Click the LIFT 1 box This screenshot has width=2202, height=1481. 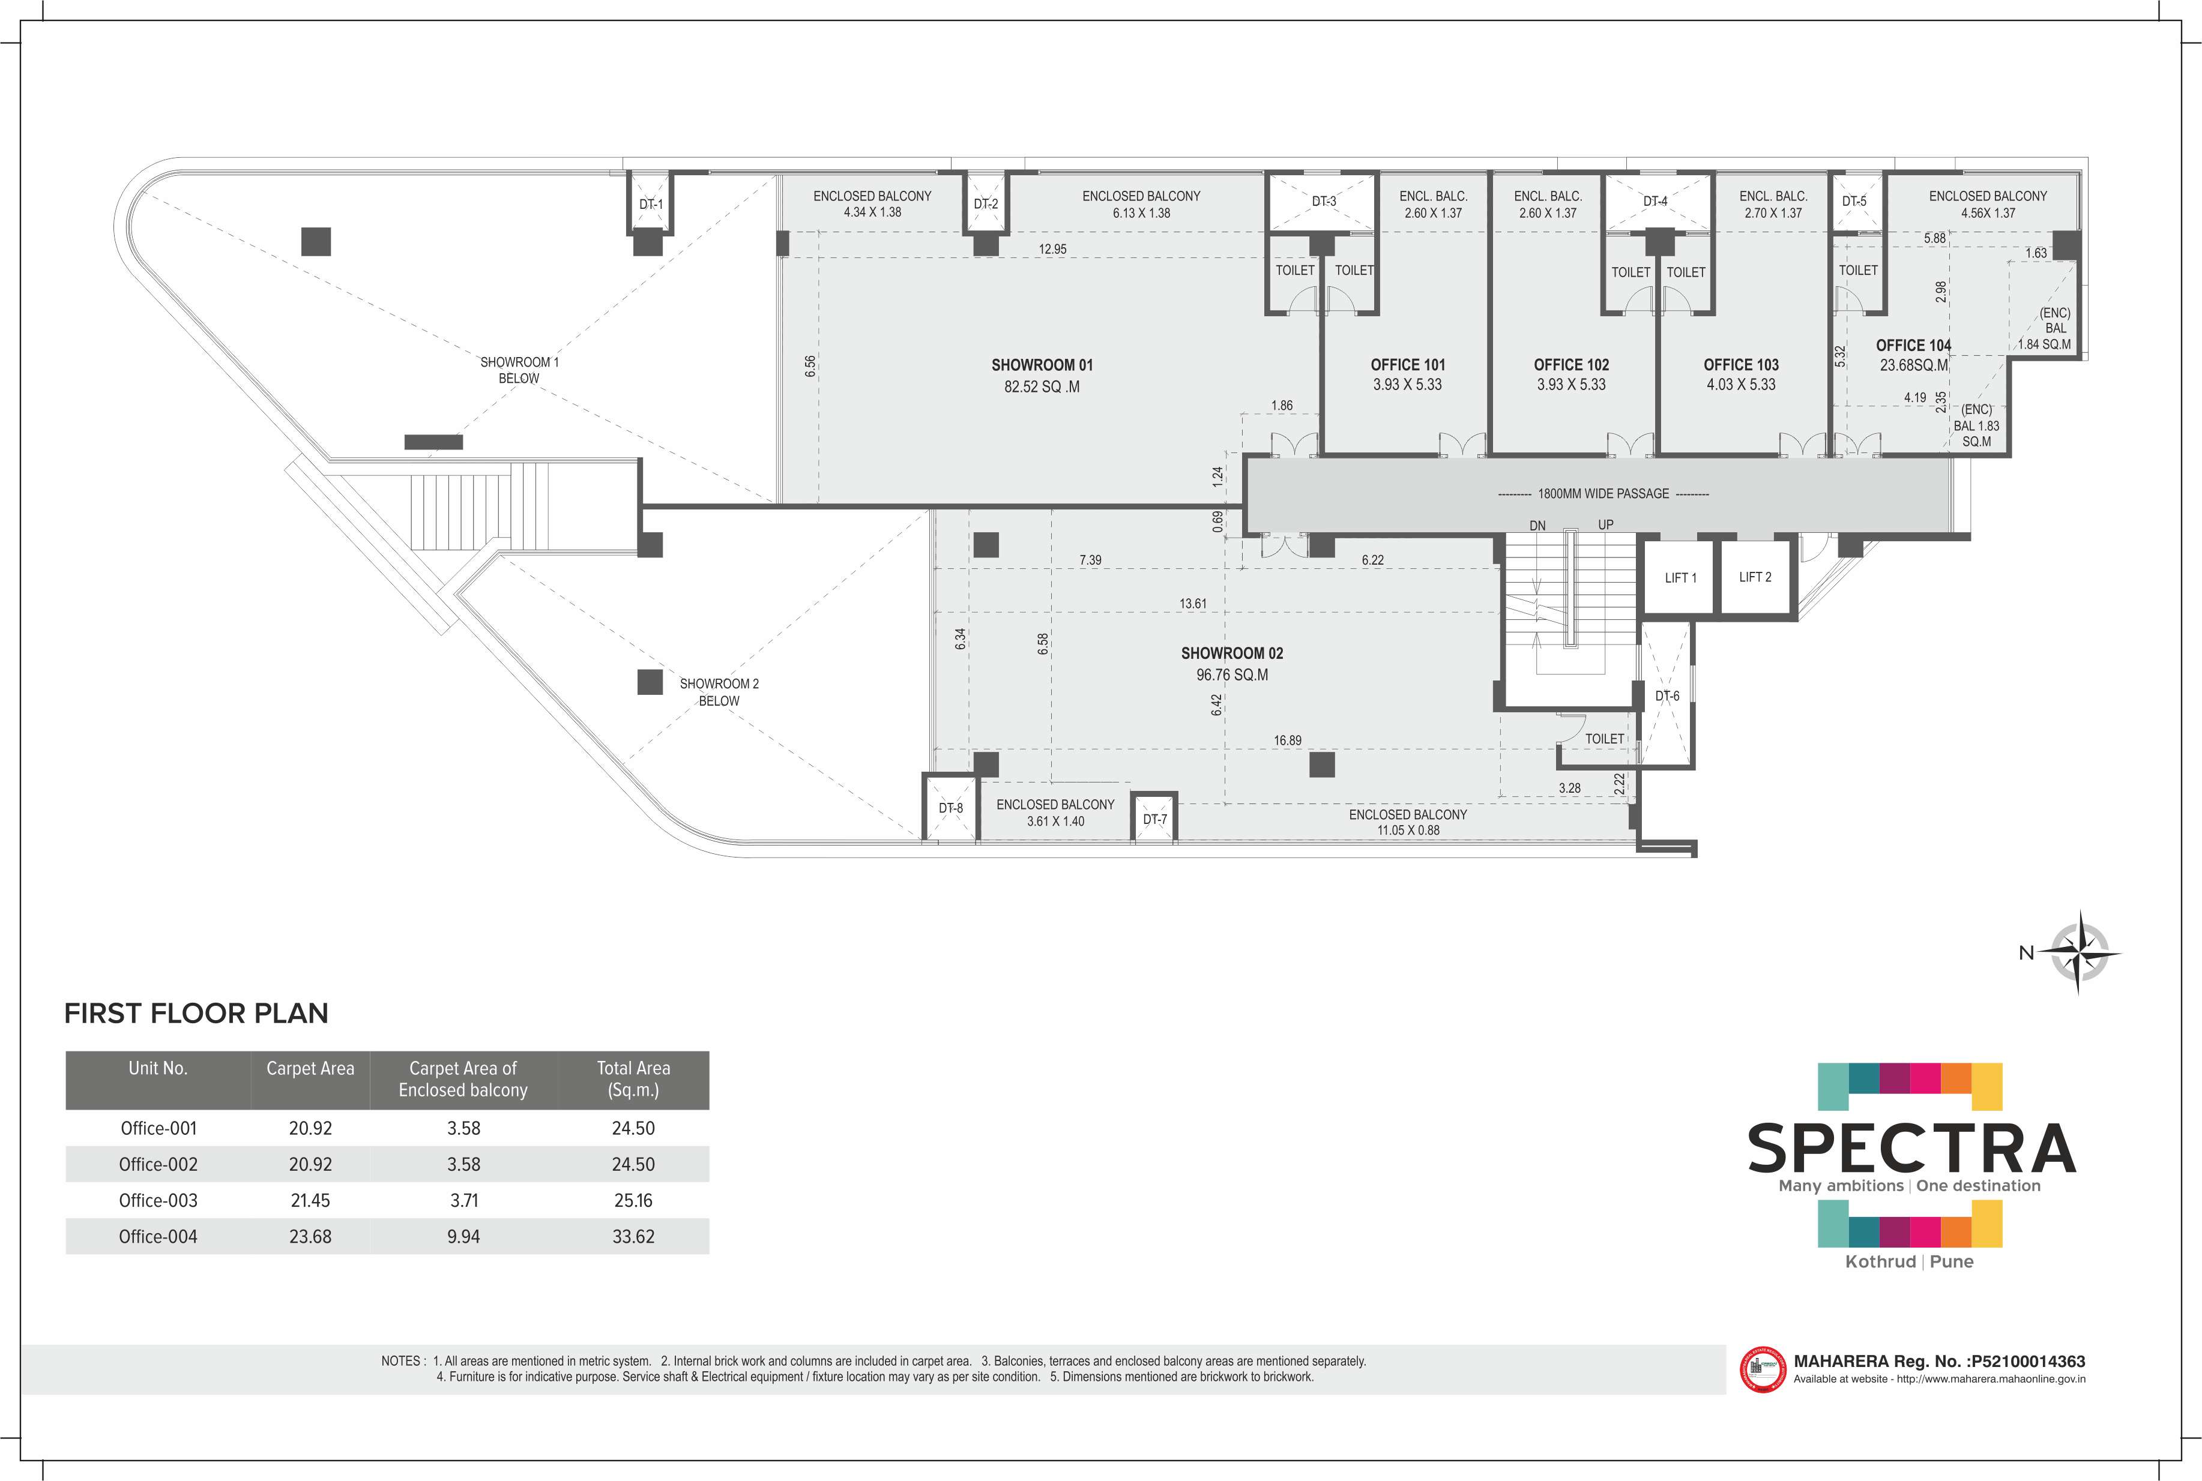(x=1680, y=578)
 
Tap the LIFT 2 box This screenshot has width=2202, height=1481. (x=1756, y=577)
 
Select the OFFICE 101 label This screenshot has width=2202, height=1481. (x=1408, y=365)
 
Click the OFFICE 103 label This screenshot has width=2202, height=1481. (x=1741, y=365)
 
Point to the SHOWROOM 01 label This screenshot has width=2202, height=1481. (x=1042, y=365)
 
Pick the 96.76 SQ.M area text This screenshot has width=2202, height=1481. (x=1232, y=674)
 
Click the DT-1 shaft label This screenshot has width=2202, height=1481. (x=651, y=204)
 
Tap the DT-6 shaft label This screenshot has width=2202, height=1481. (x=1667, y=696)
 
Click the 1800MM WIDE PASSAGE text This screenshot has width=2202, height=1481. (x=1603, y=493)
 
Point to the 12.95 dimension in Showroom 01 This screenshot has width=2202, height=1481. (x=1052, y=250)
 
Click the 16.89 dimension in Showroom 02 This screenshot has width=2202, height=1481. (x=1288, y=740)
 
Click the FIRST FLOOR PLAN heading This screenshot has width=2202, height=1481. (x=196, y=1014)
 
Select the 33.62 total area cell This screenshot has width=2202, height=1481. (x=633, y=1236)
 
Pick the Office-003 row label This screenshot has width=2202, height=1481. (x=158, y=1201)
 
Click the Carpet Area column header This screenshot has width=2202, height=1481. (x=310, y=1068)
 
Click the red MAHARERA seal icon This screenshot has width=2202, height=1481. (x=1763, y=1369)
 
